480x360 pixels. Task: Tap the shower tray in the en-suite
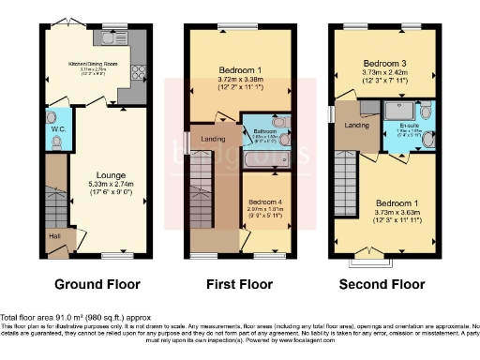[x=395, y=112]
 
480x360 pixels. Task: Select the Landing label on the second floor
[x=355, y=125]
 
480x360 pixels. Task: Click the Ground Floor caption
[x=97, y=284]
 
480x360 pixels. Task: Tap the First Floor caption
[x=240, y=284]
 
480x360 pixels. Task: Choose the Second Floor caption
[x=382, y=284]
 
